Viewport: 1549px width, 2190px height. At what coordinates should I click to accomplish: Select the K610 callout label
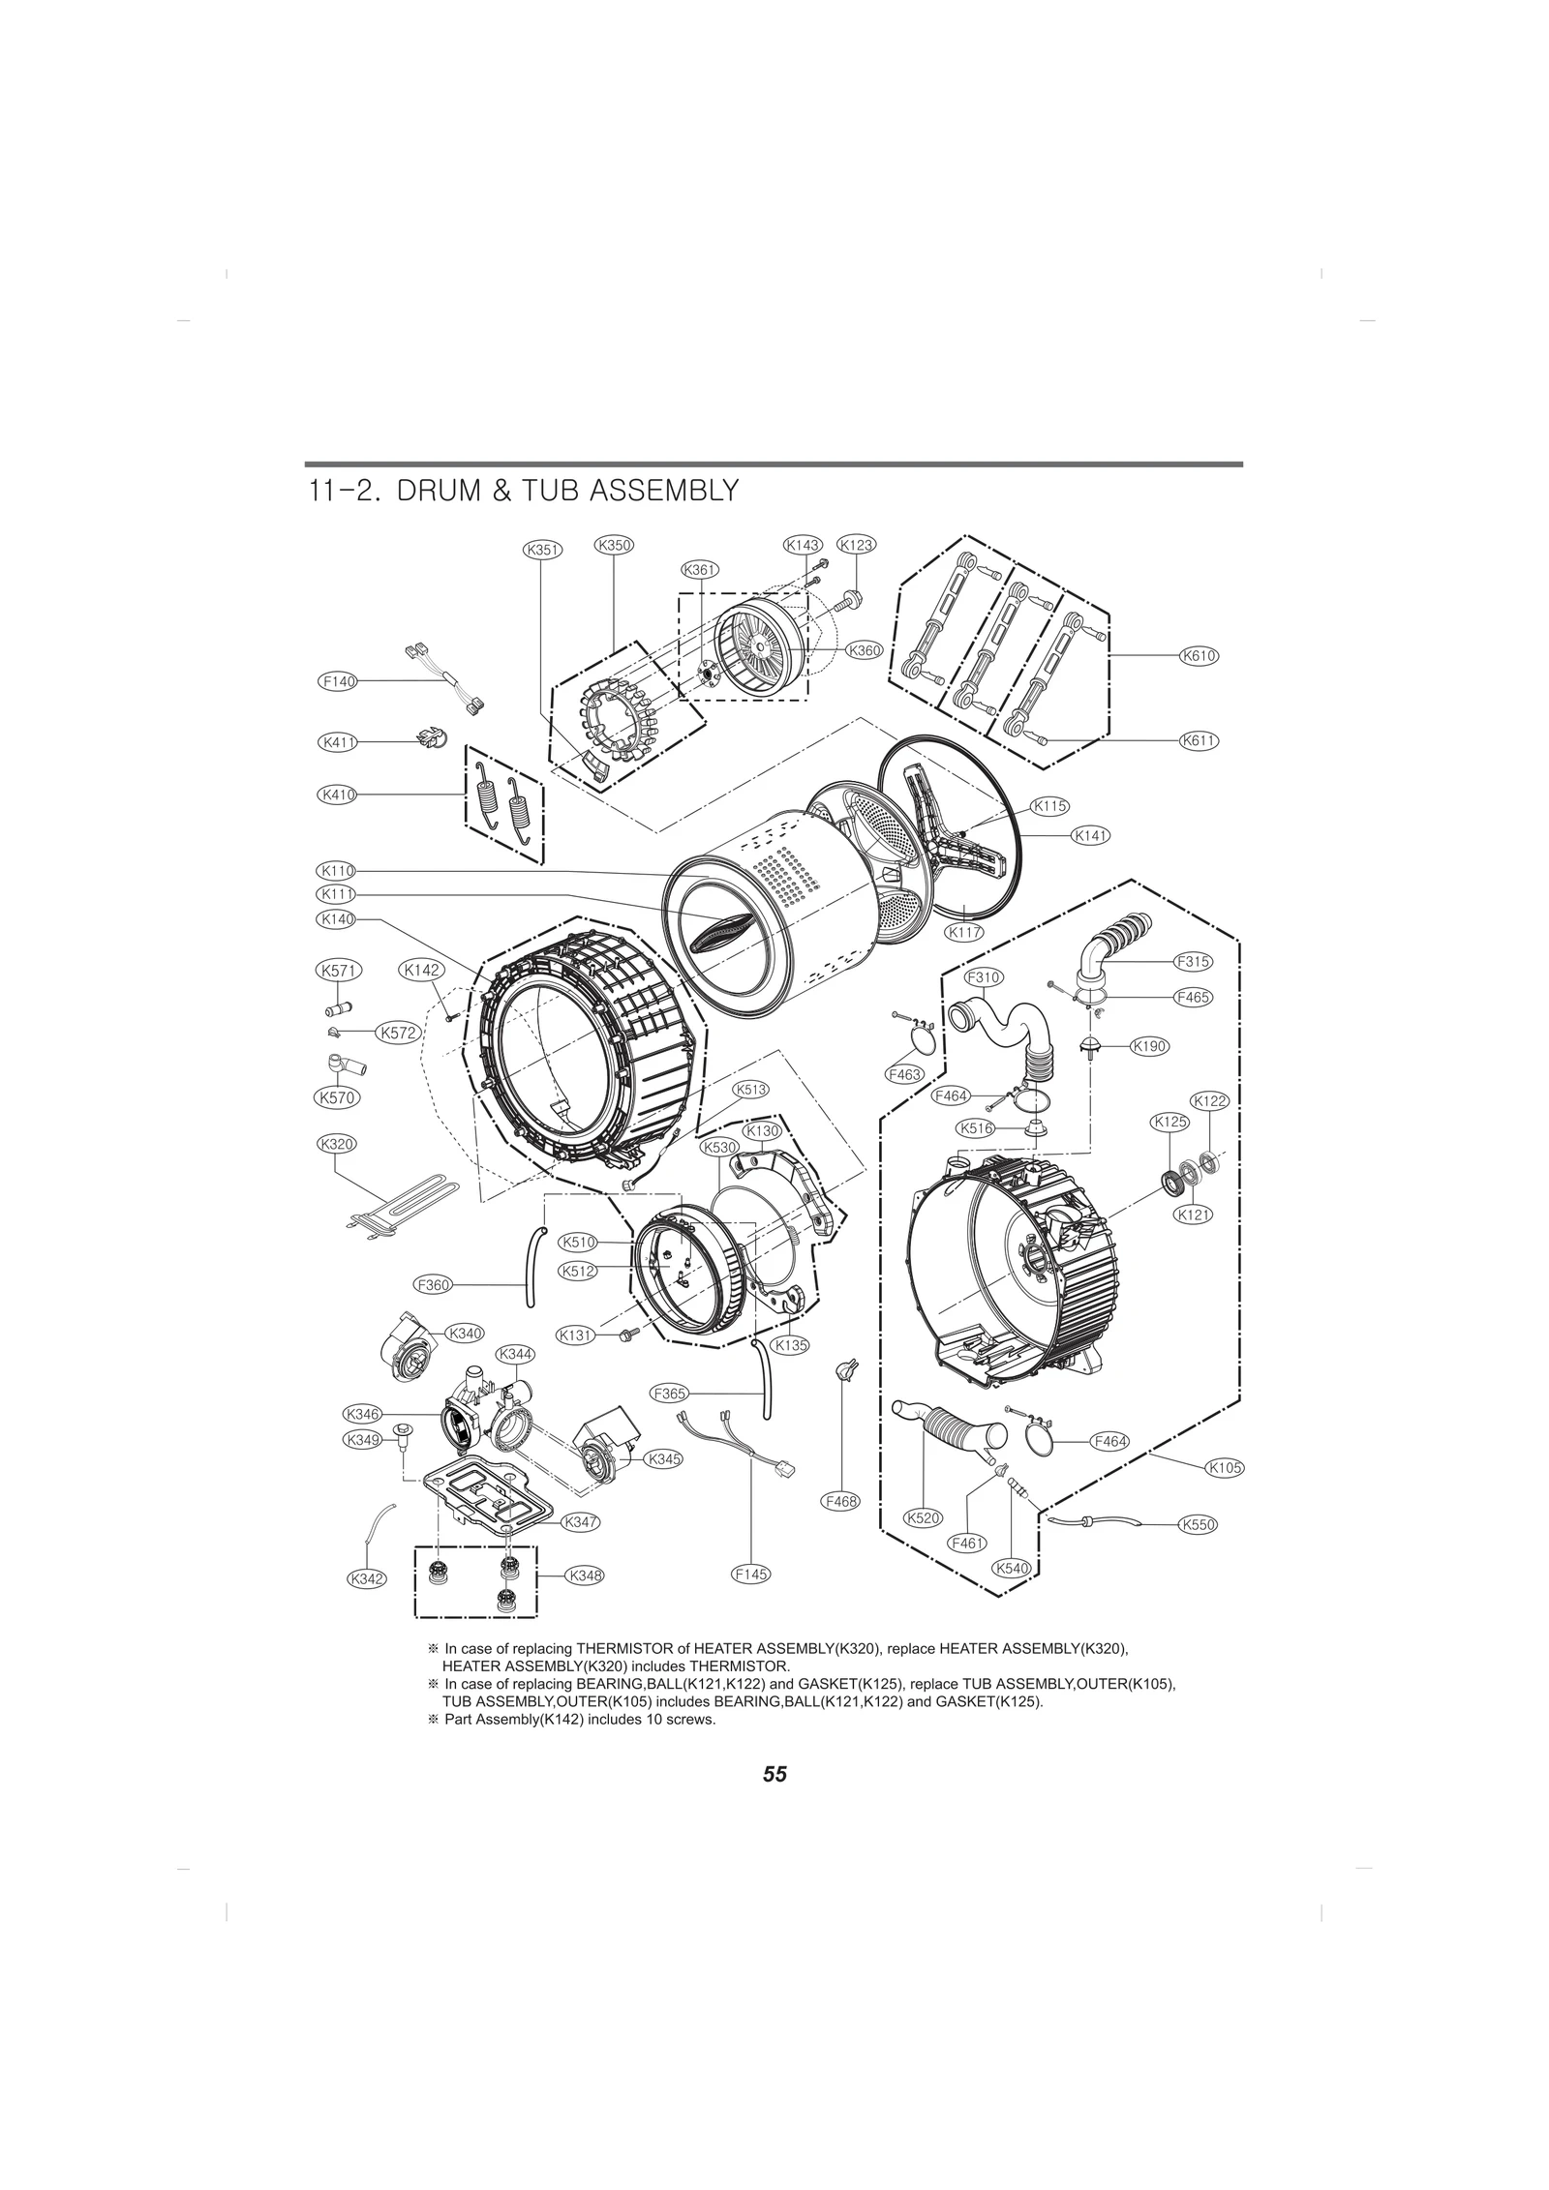tap(1199, 656)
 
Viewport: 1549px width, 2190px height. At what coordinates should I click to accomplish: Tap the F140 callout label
tap(338, 681)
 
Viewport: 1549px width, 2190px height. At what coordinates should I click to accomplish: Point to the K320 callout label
tap(337, 1144)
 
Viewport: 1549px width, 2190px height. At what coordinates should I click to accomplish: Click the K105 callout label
tap(1225, 1495)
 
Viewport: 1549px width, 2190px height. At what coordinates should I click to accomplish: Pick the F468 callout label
tap(839, 1529)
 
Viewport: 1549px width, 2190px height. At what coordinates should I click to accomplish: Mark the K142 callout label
tap(421, 970)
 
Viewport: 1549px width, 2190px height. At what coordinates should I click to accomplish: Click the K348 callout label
tap(586, 1575)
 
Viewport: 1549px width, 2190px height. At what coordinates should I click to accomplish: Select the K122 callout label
tap(1209, 1100)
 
